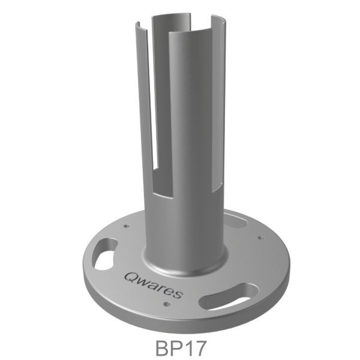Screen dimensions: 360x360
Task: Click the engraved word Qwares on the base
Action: (x=155, y=284)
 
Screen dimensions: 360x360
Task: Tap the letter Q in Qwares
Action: (x=131, y=276)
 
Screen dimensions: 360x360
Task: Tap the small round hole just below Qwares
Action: (x=168, y=307)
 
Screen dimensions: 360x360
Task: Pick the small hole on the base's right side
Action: (x=260, y=238)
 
